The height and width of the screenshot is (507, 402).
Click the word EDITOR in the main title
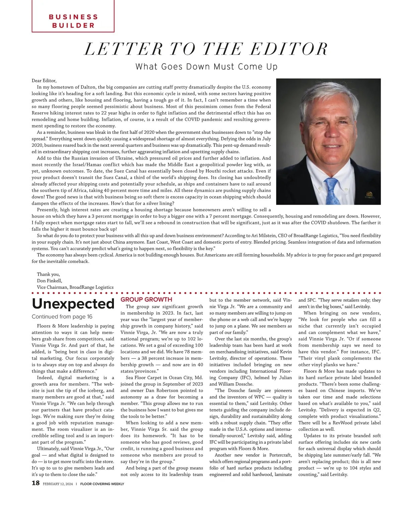289,49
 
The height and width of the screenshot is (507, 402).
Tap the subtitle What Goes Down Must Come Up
206,67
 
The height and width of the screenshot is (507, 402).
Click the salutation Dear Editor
44,81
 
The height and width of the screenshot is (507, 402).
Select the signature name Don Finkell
49,281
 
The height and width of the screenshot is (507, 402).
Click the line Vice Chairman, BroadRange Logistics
75,287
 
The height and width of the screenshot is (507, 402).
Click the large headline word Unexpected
73,304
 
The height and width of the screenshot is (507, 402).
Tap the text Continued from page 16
62,317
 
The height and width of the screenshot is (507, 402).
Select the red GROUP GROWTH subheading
146,300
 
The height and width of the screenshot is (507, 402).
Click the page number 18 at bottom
36,483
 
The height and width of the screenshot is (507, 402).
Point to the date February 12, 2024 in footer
58,484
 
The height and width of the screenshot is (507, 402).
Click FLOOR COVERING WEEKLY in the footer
102,484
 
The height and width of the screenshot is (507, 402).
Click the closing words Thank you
48,274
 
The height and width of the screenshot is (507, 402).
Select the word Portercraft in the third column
280,455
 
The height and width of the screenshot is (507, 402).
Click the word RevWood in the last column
343,423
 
